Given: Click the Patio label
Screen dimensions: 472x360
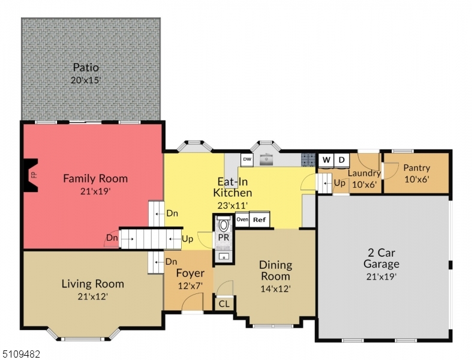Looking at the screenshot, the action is (x=86, y=67).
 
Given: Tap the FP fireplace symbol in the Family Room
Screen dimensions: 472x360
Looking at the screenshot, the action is (x=31, y=175).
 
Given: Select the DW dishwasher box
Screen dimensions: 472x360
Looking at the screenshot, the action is (x=247, y=160).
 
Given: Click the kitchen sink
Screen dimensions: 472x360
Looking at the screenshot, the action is (x=266, y=160).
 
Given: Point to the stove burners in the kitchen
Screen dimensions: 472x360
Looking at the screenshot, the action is (x=308, y=160).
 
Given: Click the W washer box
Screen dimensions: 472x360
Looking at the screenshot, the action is (x=326, y=160).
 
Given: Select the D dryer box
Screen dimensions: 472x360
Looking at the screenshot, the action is (x=341, y=160).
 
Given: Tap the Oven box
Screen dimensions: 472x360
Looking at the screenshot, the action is (x=242, y=220).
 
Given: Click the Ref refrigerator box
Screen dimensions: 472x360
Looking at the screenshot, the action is (x=259, y=220).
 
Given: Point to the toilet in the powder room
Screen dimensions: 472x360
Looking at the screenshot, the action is (x=223, y=224).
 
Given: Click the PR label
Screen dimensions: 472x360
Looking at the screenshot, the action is (x=223, y=238).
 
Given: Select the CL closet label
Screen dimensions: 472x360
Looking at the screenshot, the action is (x=224, y=304).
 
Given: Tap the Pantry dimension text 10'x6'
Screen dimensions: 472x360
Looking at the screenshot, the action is (x=417, y=179).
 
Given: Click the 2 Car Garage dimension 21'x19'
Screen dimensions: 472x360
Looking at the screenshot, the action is (x=381, y=276).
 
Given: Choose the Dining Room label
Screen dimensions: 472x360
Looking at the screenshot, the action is (x=275, y=270).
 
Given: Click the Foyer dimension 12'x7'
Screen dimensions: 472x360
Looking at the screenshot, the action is (x=190, y=285).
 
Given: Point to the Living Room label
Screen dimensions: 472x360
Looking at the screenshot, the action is (x=93, y=283).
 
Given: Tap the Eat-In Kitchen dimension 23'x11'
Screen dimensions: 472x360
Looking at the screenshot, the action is (x=232, y=205).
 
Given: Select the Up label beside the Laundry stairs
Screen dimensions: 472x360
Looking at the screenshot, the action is (x=339, y=183).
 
